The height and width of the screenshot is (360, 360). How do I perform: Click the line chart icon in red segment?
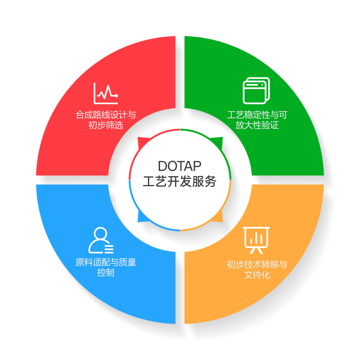point(105,93)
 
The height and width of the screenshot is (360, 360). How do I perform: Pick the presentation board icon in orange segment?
point(256,240)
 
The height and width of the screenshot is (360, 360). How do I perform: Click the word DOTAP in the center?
point(180,166)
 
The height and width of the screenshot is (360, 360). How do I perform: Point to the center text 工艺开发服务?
point(180,181)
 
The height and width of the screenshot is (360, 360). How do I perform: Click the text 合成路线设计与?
point(105,115)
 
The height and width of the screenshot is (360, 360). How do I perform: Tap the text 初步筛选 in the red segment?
point(105,126)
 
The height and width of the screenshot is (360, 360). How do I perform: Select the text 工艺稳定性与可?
point(257,115)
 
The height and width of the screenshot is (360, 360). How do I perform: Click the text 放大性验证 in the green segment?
point(257,126)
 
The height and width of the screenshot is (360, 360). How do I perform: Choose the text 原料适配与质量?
point(105,263)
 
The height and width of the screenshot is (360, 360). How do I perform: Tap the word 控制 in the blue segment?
point(105,273)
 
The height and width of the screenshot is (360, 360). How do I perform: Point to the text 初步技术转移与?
point(257,265)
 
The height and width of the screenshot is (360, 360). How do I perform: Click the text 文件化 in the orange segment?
point(257,275)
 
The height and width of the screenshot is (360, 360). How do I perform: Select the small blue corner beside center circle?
point(141,219)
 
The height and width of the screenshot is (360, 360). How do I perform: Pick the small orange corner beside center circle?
point(219,219)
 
